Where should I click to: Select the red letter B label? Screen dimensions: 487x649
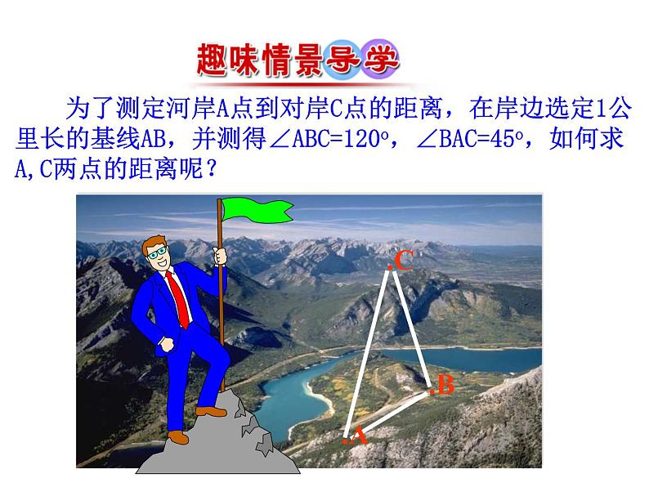(x=445, y=385)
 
